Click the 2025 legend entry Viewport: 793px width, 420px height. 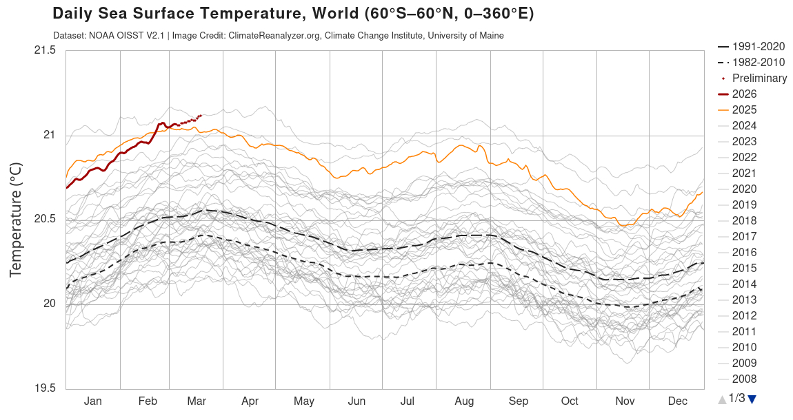pyautogui.click(x=744, y=109)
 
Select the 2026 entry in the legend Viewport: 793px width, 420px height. pyautogui.click(x=744, y=94)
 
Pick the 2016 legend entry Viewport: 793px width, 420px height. pyautogui.click(x=744, y=252)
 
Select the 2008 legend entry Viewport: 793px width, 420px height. pyautogui.click(x=744, y=379)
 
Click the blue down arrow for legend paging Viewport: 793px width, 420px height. pyautogui.click(x=752, y=399)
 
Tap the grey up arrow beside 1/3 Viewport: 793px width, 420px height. pyautogui.click(x=722, y=399)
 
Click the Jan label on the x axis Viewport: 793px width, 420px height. pyautogui.click(x=92, y=401)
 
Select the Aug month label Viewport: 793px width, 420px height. pyautogui.click(x=464, y=401)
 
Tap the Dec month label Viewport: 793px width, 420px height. pyautogui.click(x=677, y=401)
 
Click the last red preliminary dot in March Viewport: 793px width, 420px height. pyautogui.click(x=200, y=116)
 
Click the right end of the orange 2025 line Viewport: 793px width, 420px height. pyautogui.click(x=702, y=193)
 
